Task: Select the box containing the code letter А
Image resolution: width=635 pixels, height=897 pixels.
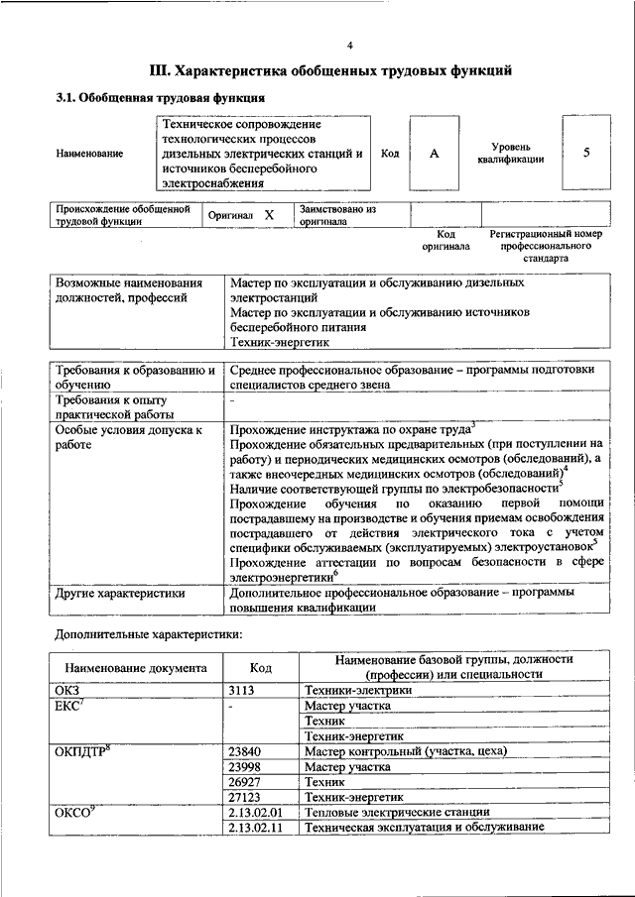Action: pyautogui.click(x=434, y=154)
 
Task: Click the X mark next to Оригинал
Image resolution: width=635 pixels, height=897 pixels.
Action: pyautogui.click(x=268, y=215)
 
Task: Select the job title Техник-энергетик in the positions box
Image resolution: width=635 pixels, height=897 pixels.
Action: pyautogui.click(x=277, y=341)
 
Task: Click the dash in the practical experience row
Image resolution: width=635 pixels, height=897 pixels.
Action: pyautogui.click(x=232, y=401)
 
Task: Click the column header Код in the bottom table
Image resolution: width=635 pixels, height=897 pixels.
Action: pyautogui.click(x=261, y=668)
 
